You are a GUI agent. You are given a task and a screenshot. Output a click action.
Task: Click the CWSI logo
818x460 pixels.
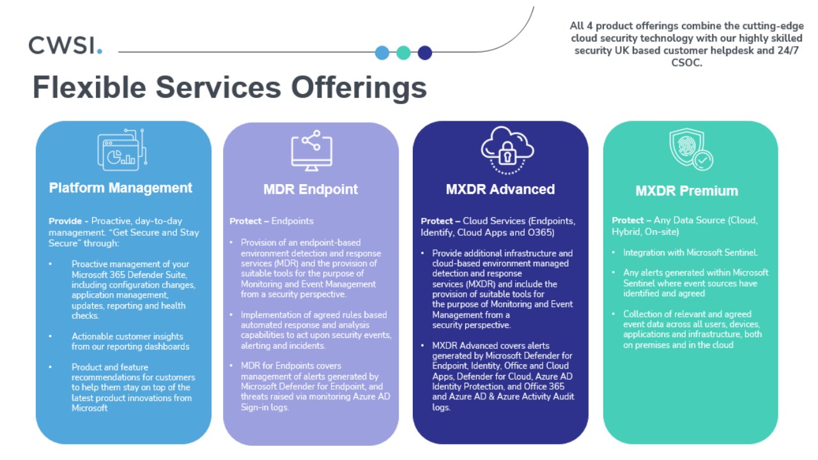pos(65,45)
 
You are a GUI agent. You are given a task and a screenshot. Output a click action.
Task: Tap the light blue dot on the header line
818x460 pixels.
pos(382,52)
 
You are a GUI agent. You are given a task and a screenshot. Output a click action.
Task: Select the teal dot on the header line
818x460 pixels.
pos(403,52)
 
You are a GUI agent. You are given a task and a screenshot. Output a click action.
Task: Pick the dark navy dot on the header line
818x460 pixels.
pos(425,52)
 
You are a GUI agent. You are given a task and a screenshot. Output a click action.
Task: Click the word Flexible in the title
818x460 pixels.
pos(89,88)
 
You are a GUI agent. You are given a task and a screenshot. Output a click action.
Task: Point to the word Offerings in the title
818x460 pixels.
pos(359,88)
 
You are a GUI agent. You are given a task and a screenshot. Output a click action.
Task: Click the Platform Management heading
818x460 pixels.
pos(121,188)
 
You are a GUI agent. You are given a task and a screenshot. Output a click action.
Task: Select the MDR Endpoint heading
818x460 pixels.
pos(311,189)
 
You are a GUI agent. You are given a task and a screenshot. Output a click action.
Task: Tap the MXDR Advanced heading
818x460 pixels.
pos(500,189)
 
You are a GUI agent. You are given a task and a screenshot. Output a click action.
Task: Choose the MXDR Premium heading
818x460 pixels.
pos(687,190)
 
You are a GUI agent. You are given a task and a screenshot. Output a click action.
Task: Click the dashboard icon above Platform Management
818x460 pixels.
pos(122,149)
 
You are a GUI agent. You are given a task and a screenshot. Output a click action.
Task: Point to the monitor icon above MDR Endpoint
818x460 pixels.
pos(311,150)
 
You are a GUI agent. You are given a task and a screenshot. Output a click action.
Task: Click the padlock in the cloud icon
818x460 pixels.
pos(507,153)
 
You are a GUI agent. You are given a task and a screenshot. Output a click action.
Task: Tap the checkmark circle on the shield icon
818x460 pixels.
pos(702,160)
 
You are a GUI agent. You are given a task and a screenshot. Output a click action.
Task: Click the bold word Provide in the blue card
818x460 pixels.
pos(65,221)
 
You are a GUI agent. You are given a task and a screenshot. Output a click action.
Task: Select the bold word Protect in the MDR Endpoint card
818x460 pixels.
pos(245,221)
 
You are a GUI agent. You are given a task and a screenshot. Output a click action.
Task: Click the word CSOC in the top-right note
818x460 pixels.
pos(686,63)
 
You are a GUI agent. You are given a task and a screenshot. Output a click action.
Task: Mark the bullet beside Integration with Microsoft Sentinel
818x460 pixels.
pos(613,252)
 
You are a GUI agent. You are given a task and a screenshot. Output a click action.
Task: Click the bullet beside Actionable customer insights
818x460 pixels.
pos(50,336)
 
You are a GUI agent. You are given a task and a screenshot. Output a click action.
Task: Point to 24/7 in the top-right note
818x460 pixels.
pos(788,50)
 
